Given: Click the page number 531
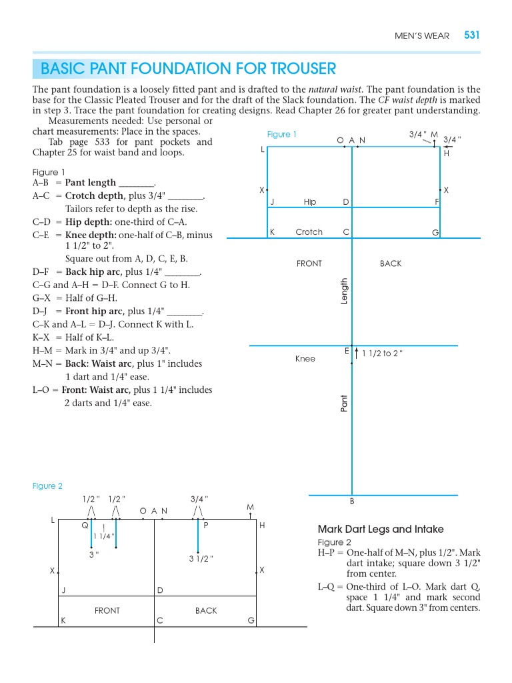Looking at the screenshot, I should coord(471,35).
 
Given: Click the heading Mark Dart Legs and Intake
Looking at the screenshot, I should coord(381,529).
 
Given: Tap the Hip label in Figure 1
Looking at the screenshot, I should coord(310,201).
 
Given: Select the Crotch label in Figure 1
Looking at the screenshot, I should coord(309,232).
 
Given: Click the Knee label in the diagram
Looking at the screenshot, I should coord(305,359).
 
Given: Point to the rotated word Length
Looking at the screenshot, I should coord(345,291).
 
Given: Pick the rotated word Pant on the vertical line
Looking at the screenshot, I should coord(345,402).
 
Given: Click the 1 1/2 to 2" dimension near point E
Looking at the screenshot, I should coord(381,354).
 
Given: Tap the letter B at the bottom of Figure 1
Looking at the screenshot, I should coord(352,501).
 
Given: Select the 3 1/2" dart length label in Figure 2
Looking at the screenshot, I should coord(200,559).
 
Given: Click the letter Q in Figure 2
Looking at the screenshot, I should coord(85,526).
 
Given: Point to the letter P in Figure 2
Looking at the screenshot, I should coord(207,526).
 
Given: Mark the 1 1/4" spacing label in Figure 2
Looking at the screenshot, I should coord(103,536).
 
